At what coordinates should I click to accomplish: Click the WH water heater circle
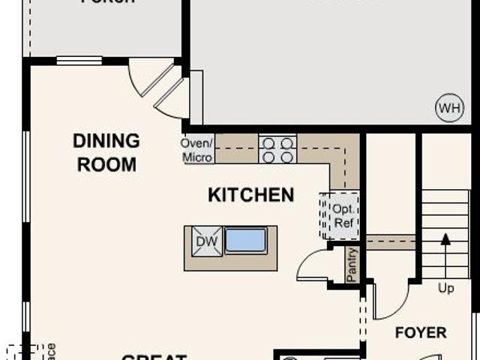click(449, 108)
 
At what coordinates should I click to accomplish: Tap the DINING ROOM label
click(106, 152)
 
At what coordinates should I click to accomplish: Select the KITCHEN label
click(250, 195)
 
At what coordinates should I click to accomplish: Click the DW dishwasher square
click(207, 241)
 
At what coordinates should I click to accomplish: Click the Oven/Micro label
click(198, 150)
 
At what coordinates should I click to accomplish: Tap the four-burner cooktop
click(277, 149)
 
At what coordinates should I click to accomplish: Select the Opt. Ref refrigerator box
click(340, 215)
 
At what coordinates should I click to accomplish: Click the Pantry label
click(352, 264)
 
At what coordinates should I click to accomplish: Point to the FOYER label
click(421, 332)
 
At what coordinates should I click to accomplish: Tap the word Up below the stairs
click(445, 289)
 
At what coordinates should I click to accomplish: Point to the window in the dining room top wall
click(79, 61)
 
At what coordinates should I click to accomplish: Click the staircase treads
click(445, 221)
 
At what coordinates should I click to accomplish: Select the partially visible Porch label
click(108, 2)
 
